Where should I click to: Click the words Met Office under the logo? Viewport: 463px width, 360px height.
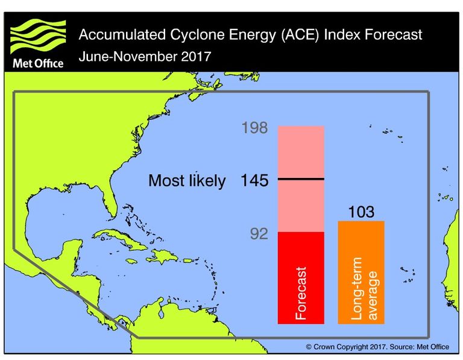pos(37,63)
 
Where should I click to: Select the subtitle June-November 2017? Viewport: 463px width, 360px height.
pos(145,58)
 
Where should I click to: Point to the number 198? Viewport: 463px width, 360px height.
pos(254,128)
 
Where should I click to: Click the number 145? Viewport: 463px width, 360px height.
pos(254,180)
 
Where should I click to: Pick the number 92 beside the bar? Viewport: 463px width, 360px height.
pos(259,234)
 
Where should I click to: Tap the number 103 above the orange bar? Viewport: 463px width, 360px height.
pos(361,212)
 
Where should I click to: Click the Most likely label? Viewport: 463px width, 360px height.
pos(187,180)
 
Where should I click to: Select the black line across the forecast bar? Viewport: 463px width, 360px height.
pos(301,179)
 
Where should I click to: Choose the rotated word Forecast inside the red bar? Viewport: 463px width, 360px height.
pos(301,293)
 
